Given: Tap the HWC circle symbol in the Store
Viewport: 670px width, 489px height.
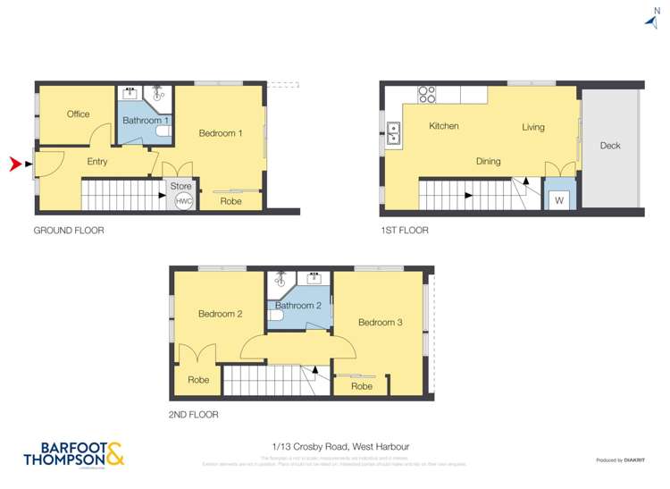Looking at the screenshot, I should click(183, 202).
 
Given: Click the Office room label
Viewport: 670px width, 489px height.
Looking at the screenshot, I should click(78, 114).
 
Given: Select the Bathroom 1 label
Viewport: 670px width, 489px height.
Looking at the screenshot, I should click(146, 120).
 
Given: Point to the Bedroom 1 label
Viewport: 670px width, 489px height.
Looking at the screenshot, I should click(221, 133).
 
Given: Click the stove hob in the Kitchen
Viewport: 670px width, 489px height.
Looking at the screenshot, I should click(427, 93).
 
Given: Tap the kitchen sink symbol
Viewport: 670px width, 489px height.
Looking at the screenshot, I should click(392, 135).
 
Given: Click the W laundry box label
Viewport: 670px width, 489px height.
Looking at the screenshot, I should click(559, 200).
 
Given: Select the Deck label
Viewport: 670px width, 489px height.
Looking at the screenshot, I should click(610, 146).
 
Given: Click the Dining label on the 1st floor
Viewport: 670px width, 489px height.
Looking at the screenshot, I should click(488, 162).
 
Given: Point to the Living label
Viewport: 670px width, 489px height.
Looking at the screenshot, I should click(533, 128).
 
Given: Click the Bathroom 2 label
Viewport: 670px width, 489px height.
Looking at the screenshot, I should click(299, 306).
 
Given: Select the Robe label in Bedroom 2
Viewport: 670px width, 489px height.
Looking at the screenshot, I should click(198, 380).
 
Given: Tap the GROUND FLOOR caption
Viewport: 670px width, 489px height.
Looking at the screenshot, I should click(69, 231).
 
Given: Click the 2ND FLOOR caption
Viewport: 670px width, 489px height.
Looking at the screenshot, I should click(193, 415).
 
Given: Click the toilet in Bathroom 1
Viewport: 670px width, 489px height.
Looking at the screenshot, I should click(163, 132).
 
